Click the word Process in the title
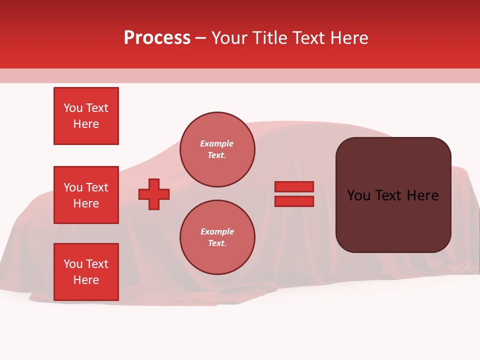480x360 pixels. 157,38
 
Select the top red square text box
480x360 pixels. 86,116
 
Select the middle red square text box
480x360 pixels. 86,195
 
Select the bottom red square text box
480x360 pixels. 86,272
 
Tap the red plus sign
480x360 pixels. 154,194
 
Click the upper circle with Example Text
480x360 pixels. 217,149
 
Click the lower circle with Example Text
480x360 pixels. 217,237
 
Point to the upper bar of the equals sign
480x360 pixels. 294,187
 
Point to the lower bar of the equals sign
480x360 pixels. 294,201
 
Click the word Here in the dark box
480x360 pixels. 422,195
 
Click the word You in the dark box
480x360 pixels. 358,195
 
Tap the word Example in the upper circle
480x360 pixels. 217,143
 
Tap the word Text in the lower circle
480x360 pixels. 217,243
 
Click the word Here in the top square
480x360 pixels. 86,124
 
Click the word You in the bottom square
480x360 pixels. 73,264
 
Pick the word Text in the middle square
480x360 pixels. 97,187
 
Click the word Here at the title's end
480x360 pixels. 349,38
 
